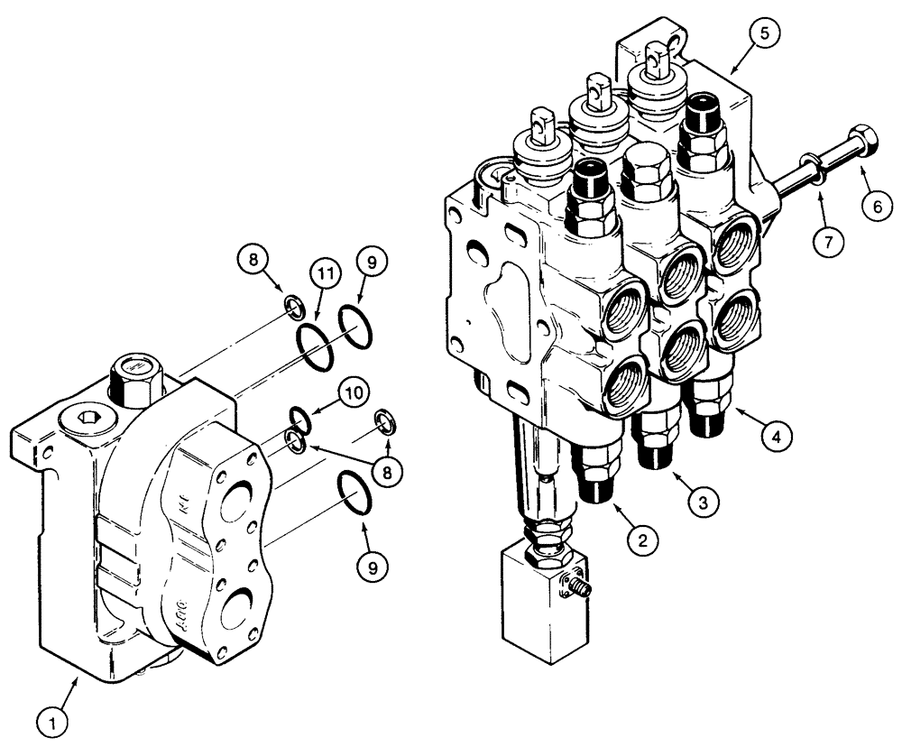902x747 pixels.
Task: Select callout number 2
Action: click(x=641, y=540)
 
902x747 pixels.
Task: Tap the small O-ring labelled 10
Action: click(x=301, y=418)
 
